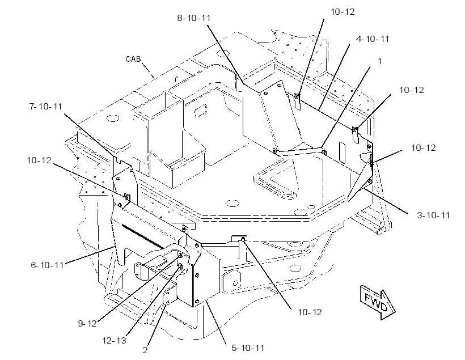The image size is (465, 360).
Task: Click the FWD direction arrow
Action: pos(378,303)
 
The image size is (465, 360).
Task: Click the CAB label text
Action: pos(133,59)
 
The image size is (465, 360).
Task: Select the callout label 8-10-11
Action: pos(193,18)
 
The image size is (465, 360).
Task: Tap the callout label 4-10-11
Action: pos(373,39)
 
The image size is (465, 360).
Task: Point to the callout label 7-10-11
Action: pos(46,106)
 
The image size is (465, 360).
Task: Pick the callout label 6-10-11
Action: pos(48,265)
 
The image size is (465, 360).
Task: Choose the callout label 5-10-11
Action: pos(248,348)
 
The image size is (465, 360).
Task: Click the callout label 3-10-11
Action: pos(433,215)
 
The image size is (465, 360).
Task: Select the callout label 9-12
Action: pos(87,323)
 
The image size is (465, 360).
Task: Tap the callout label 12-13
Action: pos(114,340)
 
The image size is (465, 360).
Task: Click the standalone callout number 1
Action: pos(379,61)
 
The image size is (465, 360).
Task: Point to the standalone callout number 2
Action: pos(145,350)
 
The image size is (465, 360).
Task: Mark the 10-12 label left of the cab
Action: pos(39,160)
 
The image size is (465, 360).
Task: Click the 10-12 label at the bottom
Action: pos(310,312)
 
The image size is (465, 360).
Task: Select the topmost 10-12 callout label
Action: pos(343,11)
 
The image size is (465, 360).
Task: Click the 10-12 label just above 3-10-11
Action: pos(423,147)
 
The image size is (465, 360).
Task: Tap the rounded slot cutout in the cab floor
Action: pos(201,110)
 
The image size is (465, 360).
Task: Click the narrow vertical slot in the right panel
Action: pos(342,153)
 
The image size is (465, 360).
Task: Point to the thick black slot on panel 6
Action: pos(142,236)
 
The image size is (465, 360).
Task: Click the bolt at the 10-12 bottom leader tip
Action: pos(243,239)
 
